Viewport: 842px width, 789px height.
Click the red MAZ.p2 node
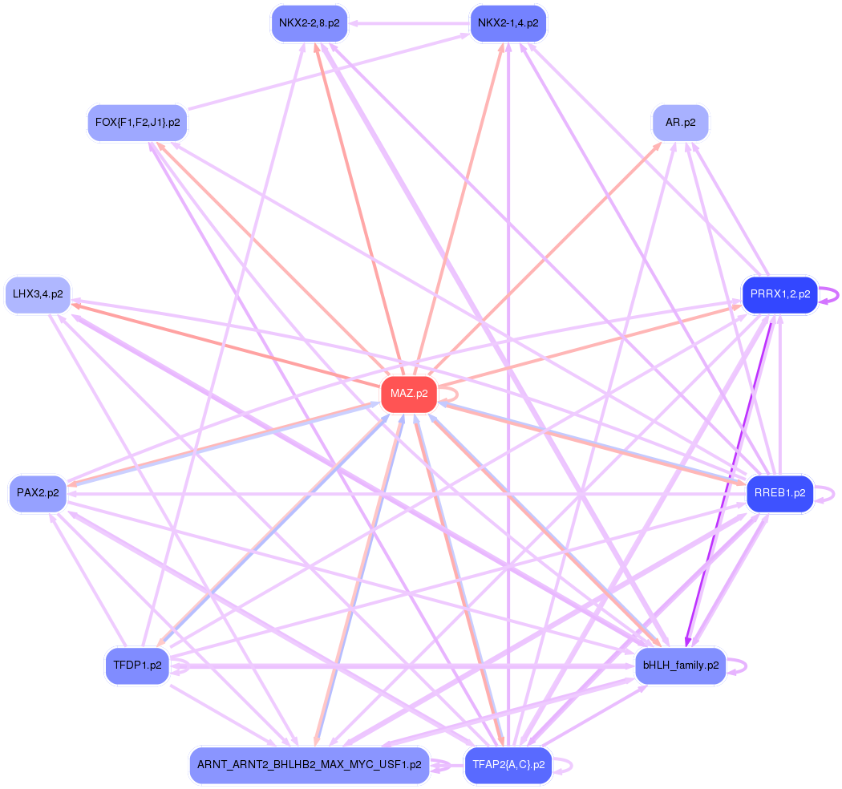pyautogui.click(x=409, y=394)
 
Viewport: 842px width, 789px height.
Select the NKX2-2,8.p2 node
pyautogui.click(x=309, y=23)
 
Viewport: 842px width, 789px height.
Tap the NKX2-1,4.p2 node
pyautogui.click(x=508, y=23)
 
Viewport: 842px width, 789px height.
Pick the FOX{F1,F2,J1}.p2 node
pyautogui.click(x=137, y=123)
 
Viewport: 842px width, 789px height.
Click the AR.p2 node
pyautogui.click(x=681, y=123)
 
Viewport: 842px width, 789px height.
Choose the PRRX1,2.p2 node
pyautogui.click(x=779, y=294)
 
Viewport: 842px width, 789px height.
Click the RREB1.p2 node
pyautogui.click(x=779, y=493)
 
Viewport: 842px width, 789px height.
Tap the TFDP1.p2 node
pyautogui.click(x=137, y=666)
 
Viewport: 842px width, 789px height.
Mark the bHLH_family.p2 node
pyautogui.click(x=680, y=666)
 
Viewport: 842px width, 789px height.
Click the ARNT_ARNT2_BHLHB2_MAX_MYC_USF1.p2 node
pyautogui.click(x=310, y=765)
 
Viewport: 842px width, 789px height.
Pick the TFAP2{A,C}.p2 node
pyautogui.click(x=508, y=765)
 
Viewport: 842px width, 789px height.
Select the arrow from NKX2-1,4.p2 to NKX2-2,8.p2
pyautogui.click(x=409, y=23)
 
